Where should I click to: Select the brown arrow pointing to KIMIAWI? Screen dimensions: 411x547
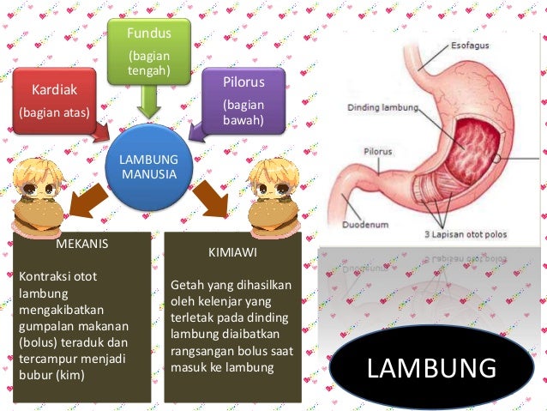pyautogui.click(x=209, y=198)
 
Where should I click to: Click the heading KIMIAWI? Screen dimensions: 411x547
pyautogui.click(x=232, y=255)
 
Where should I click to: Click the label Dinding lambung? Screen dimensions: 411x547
pyautogui.click(x=382, y=108)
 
